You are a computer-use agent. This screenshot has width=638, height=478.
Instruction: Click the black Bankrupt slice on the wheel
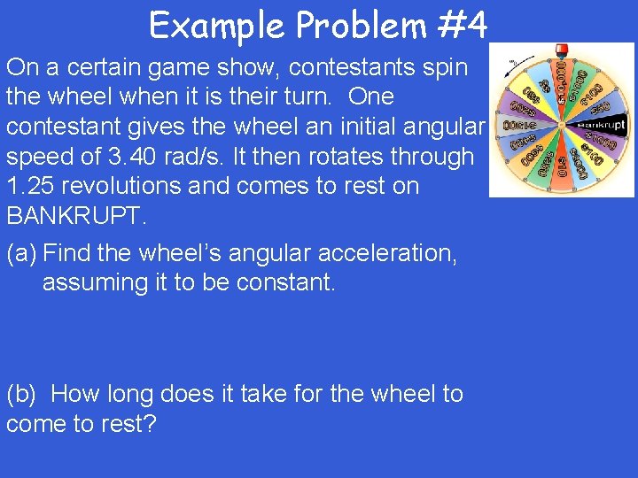(x=602, y=126)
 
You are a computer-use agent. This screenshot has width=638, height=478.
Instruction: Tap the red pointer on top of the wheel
(x=560, y=49)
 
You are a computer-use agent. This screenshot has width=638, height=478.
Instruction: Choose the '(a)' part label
(x=21, y=253)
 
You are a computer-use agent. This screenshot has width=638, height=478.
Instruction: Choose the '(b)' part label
(x=22, y=394)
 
